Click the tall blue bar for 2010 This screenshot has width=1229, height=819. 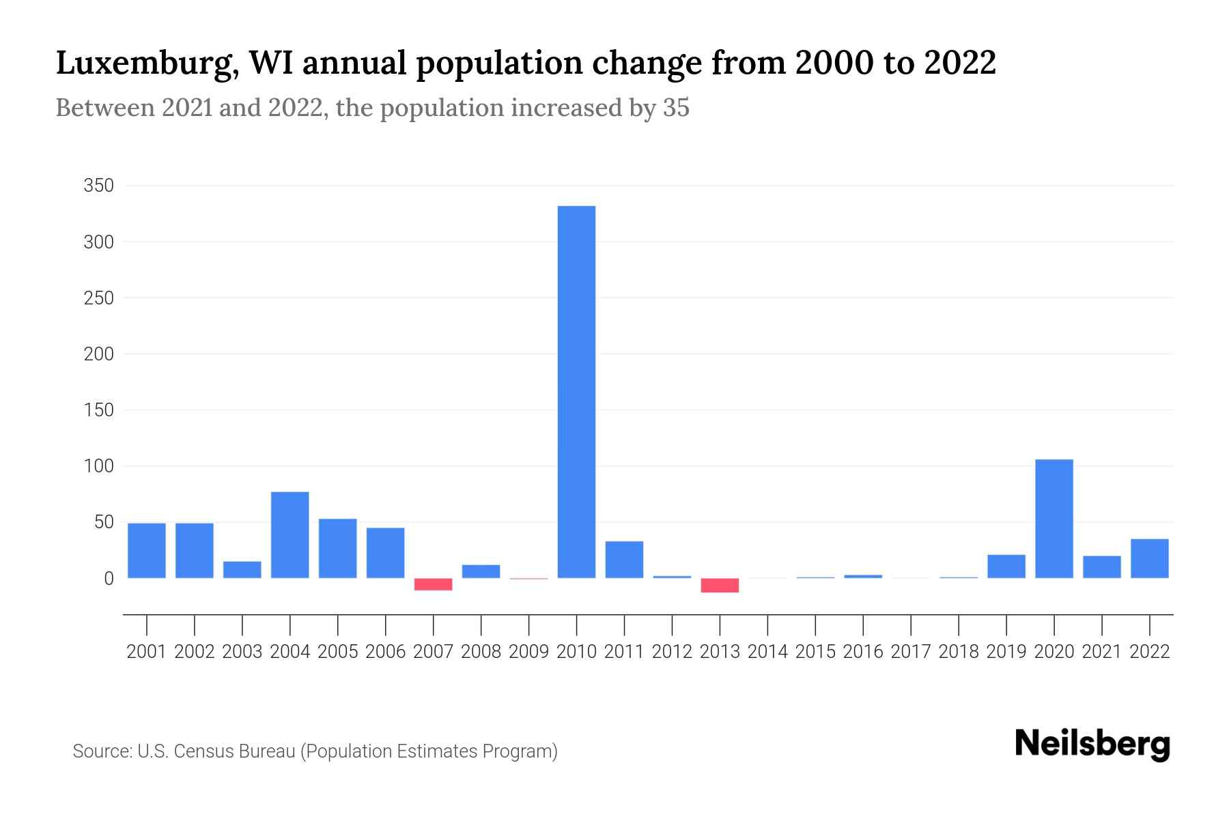coord(576,392)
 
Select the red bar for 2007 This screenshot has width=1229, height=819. coord(433,584)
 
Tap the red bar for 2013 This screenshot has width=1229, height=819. coord(720,585)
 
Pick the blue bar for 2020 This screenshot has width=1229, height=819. coord(1054,519)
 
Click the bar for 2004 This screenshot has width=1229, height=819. coord(289,535)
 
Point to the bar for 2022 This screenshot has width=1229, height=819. coord(1149,558)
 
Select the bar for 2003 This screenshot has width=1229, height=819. coord(242,570)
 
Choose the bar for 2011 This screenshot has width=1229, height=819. coord(624,560)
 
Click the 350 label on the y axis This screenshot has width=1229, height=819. coord(98,186)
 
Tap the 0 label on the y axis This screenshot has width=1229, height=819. coord(108,579)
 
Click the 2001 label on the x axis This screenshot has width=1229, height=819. coord(146,652)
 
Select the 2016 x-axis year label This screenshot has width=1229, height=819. coord(863,652)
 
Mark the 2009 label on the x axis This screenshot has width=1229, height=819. coord(528,652)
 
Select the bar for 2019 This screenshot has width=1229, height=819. coord(1006,566)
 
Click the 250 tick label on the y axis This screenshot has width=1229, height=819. coord(98,298)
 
